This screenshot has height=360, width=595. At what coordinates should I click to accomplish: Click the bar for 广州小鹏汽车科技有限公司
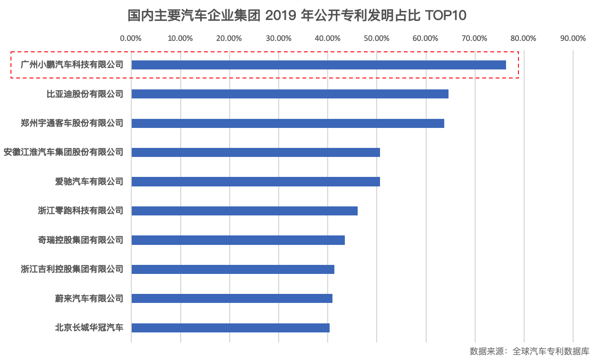319,65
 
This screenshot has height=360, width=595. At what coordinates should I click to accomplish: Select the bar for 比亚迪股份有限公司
290,94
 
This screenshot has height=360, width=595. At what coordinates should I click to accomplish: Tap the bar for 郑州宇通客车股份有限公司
288,123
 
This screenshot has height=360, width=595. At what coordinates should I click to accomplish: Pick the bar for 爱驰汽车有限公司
255,182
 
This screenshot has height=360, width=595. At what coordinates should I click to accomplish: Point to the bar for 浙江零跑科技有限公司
244,211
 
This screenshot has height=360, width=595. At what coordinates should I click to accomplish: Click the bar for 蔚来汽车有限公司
232,299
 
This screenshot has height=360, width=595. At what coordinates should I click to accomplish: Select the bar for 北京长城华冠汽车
230,328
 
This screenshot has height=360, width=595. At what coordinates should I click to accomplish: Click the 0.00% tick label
131,39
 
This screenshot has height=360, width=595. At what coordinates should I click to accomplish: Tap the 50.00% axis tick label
376,39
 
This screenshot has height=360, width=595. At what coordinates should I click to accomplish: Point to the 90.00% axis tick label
573,39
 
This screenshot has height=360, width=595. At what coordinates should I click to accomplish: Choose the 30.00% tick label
278,39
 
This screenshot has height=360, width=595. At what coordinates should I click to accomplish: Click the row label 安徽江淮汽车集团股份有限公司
63,153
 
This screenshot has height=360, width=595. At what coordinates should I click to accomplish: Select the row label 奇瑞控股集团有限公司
80,240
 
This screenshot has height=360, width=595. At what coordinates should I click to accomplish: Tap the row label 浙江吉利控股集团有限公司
72,269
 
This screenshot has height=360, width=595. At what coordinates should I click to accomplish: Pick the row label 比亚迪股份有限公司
85,94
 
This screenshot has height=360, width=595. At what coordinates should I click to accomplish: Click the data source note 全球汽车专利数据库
551,351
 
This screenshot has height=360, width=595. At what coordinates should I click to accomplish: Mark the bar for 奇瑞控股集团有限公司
238,240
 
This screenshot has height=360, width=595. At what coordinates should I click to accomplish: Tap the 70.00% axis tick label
475,39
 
